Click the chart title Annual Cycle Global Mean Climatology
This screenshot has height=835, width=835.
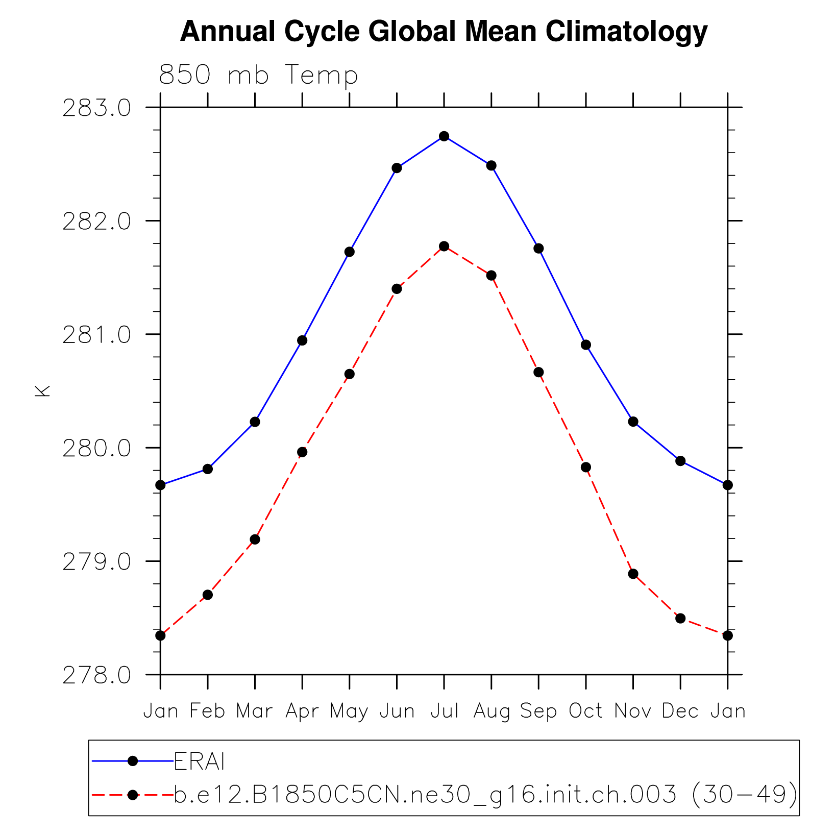point(444,32)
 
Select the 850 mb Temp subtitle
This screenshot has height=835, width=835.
point(258,75)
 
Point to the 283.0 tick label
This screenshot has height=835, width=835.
point(96,108)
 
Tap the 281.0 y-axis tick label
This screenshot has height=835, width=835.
point(96,335)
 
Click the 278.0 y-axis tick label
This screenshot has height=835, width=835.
point(96,675)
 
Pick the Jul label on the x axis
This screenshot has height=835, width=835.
point(444,711)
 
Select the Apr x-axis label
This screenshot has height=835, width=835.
point(302,711)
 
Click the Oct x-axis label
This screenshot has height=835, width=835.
point(585,711)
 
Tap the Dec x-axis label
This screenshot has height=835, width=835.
point(680,711)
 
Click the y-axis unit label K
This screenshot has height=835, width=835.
point(42,390)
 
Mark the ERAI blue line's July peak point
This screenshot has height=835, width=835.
point(444,136)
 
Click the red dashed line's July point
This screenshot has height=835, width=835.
point(444,246)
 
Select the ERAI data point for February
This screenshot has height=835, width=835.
point(208,469)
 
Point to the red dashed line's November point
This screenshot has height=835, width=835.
point(633,574)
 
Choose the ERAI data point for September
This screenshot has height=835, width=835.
point(538,249)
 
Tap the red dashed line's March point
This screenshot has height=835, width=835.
point(255,539)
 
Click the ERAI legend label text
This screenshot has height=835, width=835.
point(200,762)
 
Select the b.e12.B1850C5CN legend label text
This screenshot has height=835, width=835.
point(485,795)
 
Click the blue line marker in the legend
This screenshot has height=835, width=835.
point(133,761)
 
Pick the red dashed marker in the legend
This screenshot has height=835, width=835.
point(133,795)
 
